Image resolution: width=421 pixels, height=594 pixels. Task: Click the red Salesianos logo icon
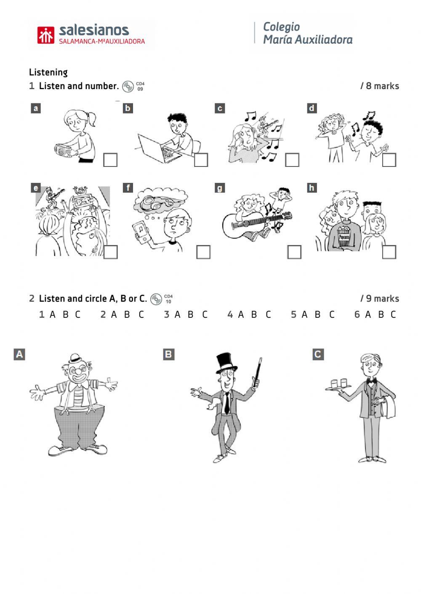coord(46,35)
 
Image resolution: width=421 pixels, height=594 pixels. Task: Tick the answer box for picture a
coord(110,160)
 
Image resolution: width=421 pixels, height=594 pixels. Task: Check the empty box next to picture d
coord(389,160)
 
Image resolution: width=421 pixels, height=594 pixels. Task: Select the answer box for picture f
coord(203,252)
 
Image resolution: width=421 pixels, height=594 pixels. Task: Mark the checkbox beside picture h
coord(389,252)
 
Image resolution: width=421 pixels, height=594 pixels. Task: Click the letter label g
coord(220,188)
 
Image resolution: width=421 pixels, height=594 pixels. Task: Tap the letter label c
coord(220,108)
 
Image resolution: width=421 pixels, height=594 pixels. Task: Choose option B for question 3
coord(190,314)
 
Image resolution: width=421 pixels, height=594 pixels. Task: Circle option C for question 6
coord(393,314)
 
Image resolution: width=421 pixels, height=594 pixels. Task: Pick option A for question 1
coord(53,314)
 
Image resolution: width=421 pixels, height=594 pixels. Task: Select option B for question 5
coord(317,314)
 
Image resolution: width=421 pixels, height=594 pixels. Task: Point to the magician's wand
coord(258,372)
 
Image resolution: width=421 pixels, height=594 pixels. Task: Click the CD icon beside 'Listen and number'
coord(128,87)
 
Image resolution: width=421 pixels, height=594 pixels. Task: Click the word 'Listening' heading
coord(48,72)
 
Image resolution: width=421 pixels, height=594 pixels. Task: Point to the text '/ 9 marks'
coord(380,298)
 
